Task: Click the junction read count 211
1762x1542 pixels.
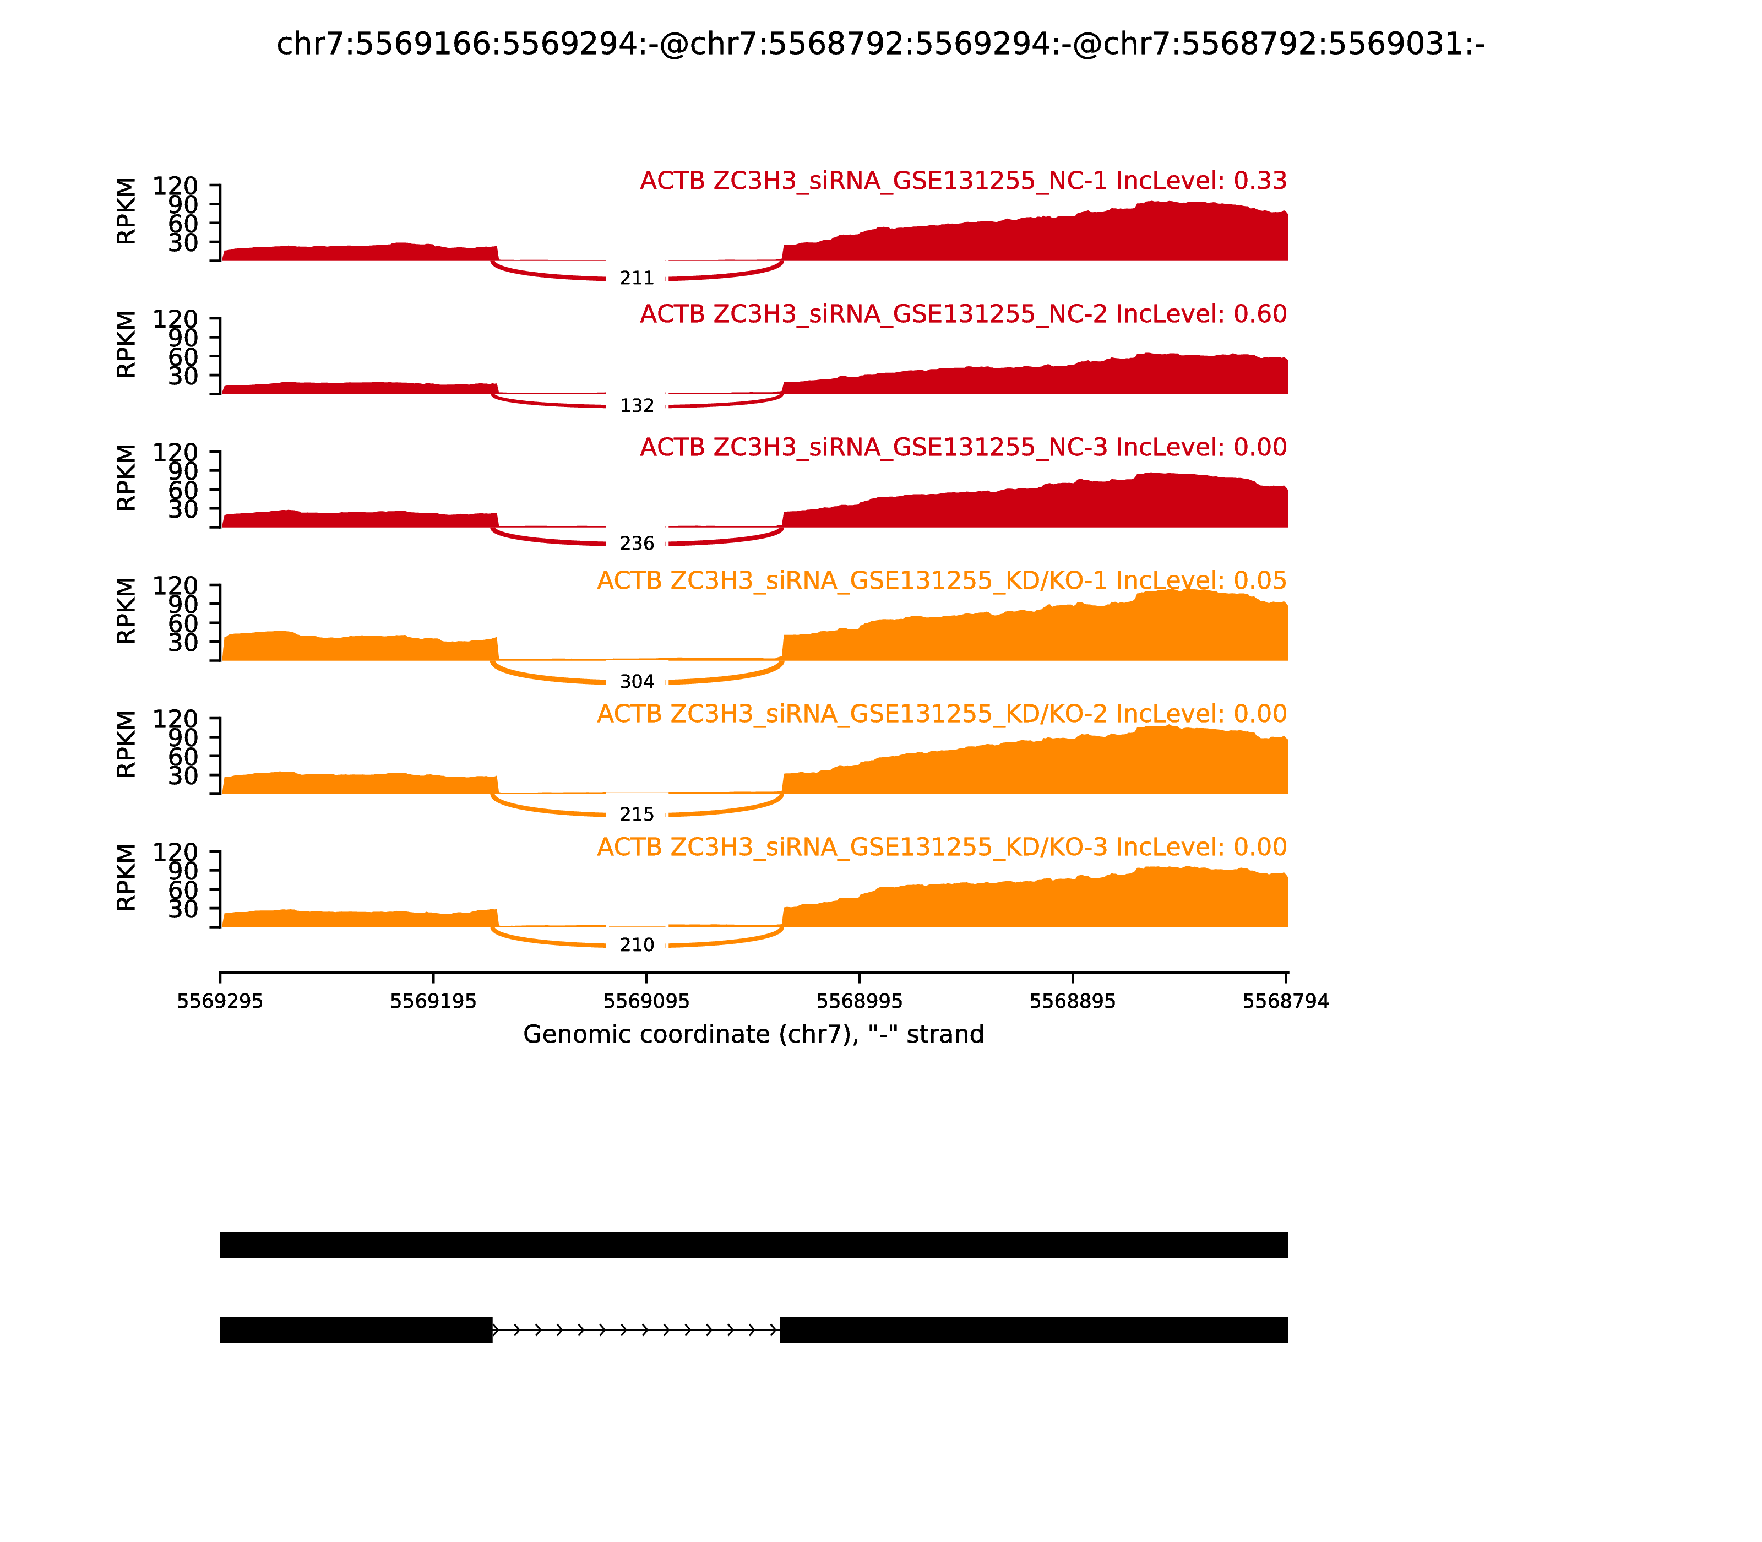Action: click(637, 278)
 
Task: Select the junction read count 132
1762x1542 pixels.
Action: click(637, 405)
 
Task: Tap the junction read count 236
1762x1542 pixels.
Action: click(637, 543)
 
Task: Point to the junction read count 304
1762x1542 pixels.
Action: click(637, 682)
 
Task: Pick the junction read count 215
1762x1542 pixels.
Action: click(637, 814)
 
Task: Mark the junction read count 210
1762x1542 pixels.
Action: click(637, 945)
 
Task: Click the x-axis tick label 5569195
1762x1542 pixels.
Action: click(433, 1002)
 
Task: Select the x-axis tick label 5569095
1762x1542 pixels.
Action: click(646, 1002)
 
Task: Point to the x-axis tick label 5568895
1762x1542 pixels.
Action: click(1073, 1002)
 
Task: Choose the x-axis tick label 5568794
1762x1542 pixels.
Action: click(1285, 1002)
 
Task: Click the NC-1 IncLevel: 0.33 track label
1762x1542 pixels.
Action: click(962, 182)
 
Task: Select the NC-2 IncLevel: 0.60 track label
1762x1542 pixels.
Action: click(962, 314)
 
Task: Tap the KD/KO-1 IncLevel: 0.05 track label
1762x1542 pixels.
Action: click(941, 581)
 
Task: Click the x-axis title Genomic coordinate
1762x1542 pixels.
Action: click(753, 1034)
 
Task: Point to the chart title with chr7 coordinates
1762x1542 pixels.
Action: click(880, 44)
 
